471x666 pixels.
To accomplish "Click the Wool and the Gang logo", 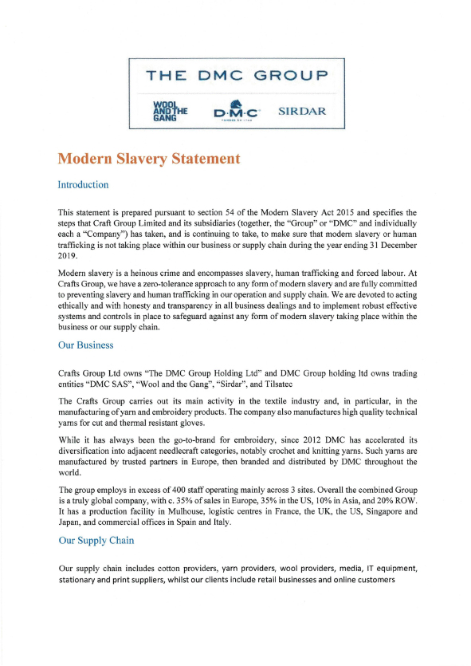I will click(169, 109).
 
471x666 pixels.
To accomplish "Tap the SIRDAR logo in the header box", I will click(301, 110).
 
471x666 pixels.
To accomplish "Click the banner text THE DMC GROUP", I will click(237, 76).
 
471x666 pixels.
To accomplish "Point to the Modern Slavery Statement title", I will click(149, 158).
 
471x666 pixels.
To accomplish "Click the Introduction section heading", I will click(83, 184).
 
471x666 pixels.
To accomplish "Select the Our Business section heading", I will click(86, 345).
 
